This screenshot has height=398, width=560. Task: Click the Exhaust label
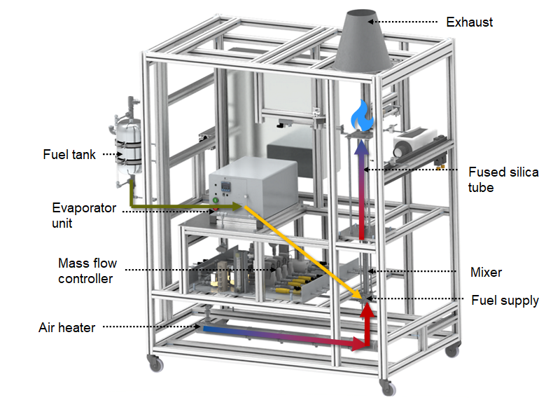(469, 22)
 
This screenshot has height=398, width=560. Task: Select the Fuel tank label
(69, 154)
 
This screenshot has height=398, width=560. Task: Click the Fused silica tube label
(503, 179)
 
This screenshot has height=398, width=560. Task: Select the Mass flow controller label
(87, 271)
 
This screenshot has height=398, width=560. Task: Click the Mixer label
(486, 272)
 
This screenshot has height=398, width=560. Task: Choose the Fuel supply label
(505, 301)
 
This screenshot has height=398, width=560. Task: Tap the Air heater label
(66, 328)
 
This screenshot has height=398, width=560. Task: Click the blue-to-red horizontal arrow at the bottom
(280, 336)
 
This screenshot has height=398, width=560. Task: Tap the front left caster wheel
(152, 364)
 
